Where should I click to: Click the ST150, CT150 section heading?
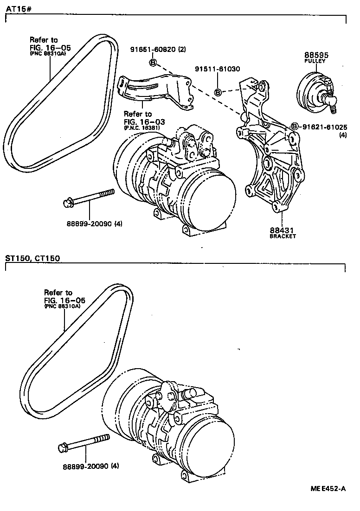(x=32, y=258)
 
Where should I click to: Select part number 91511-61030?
(x=217, y=69)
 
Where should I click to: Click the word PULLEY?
(x=315, y=61)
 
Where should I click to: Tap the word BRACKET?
(x=282, y=236)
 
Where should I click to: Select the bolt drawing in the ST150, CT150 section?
(x=84, y=443)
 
